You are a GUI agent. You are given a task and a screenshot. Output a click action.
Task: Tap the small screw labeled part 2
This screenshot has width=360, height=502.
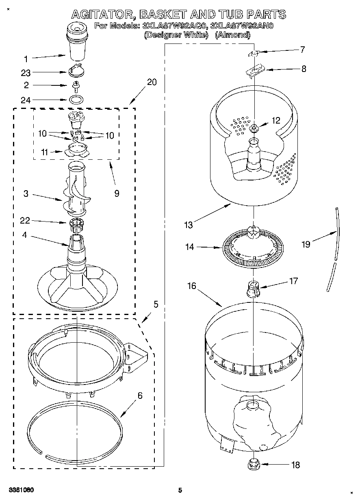pyautogui.click(x=76, y=86)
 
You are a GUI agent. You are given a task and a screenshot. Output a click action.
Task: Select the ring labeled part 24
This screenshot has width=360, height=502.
pyautogui.click(x=76, y=99)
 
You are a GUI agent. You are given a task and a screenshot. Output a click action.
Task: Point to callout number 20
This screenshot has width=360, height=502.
pyautogui.click(x=152, y=82)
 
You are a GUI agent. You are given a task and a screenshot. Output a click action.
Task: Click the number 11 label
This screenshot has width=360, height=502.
pyautogui.click(x=45, y=152)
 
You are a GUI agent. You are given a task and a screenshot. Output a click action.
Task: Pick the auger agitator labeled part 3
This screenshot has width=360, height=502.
pyautogui.click(x=76, y=189)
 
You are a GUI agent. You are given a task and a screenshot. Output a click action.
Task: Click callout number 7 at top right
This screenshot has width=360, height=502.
pyautogui.click(x=301, y=50)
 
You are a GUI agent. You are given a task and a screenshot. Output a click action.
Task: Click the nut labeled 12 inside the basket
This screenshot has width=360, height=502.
pyautogui.click(x=254, y=129)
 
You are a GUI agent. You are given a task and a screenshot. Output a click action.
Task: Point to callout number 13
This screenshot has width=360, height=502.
pyautogui.click(x=188, y=224)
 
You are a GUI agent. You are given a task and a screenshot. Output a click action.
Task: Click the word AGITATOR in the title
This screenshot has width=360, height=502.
pyautogui.click(x=103, y=15)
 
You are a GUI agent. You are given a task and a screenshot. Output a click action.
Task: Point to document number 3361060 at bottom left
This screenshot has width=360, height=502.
pyautogui.click(x=20, y=491)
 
